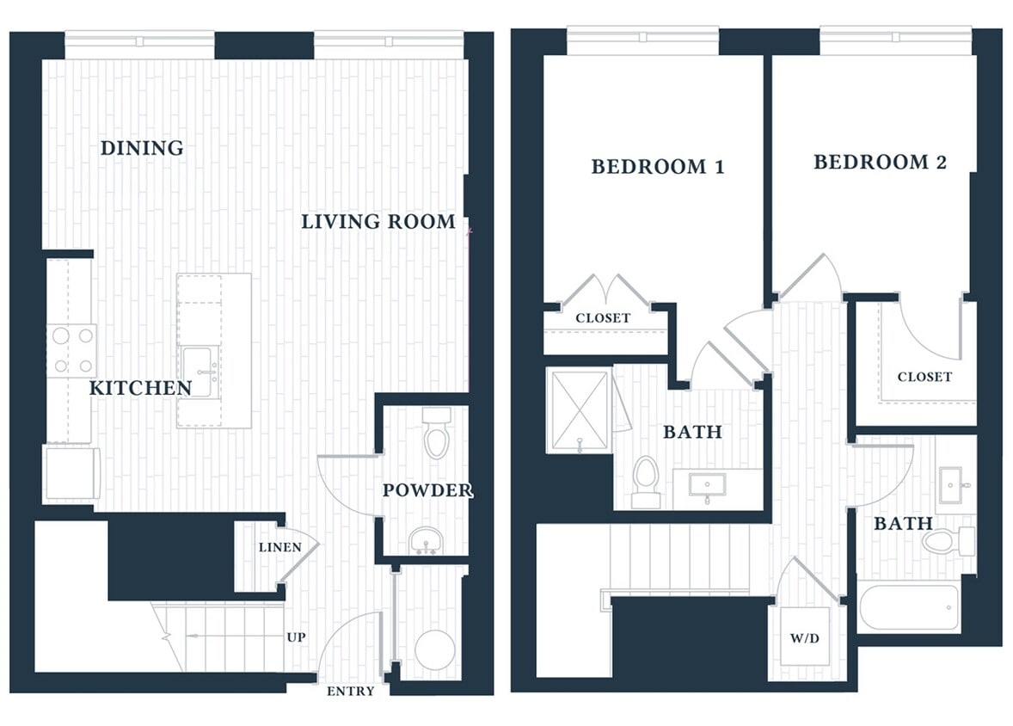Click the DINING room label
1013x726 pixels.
point(142,148)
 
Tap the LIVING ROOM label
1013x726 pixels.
point(378,222)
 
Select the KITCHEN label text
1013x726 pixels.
point(140,388)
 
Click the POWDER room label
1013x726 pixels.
point(427,490)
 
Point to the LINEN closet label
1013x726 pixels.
point(280,547)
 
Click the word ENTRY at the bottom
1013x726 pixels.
point(351,691)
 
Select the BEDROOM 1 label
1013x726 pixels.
point(657,167)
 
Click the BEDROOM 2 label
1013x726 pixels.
point(880,162)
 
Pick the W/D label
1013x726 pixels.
point(804,640)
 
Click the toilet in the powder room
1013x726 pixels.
point(437,434)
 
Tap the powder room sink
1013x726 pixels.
point(425,541)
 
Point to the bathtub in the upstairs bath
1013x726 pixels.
point(909,608)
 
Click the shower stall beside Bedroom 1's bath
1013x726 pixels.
point(580,410)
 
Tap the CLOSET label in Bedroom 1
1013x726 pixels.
point(603,318)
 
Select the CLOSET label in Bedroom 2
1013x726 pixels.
point(924,377)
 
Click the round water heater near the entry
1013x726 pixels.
point(434,649)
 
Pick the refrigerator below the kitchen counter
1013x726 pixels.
point(71,472)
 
